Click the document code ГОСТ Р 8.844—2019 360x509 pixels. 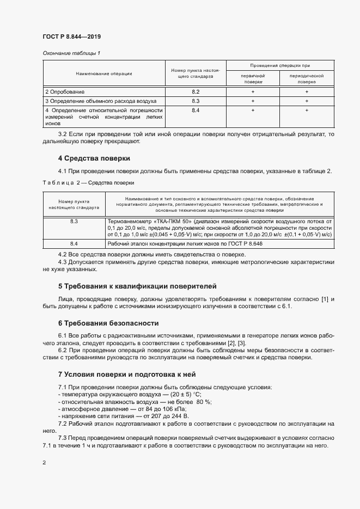(x=71, y=36)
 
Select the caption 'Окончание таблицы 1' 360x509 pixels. (x=71, y=53)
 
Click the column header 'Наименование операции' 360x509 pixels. (x=103, y=73)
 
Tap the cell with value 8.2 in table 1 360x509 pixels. (x=196, y=92)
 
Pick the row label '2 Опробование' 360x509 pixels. (x=65, y=92)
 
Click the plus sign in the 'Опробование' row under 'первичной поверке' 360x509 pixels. (x=253, y=92)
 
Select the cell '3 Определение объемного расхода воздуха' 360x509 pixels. (x=101, y=101)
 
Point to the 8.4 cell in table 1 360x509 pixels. (x=196, y=111)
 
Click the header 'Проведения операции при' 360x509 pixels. (x=280, y=65)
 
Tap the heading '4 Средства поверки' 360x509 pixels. (x=94, y=158)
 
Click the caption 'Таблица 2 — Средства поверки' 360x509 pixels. (x=88, y=183)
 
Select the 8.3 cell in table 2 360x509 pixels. (x=74, y=222)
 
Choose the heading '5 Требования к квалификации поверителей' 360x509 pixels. (x=137, y=286)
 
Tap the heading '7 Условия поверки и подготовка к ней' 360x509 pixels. (x=126, y=375)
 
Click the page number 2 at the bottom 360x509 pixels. (x=44, y=463)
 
